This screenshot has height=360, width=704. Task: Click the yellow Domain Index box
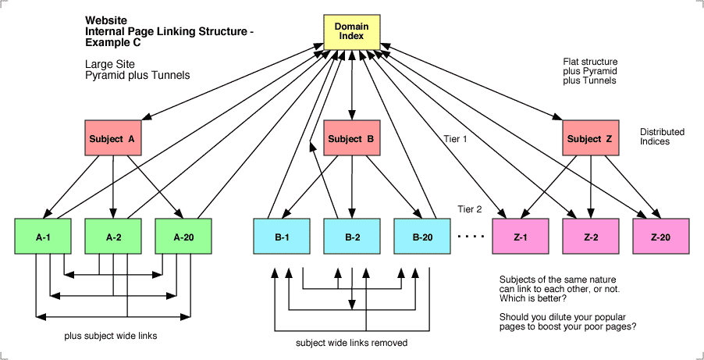pyautogui.click(x=351, y=32)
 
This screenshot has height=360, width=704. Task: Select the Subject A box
pyautogui.click(x=112, y=139)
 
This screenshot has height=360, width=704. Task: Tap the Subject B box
pyautogui.click(x=350, y=139)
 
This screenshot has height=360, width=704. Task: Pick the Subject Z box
pyautogui.click(x=590, y=139)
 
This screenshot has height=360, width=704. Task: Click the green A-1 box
pyautogui.click(x=43, y=237)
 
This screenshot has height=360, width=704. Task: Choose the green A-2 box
pyautogui.click(x=113, y=237)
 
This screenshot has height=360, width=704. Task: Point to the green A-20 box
pyautogui.click(x=183, y=237)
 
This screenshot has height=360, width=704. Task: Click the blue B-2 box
pyautogui.click(x=352, y=237)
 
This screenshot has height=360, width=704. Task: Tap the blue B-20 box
pyautogui.click(x=422, y=237)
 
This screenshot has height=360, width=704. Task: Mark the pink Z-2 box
pyautogui.click(x=591, y=237)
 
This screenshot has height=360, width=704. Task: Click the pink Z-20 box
pyautogui.click(x=660, y=237)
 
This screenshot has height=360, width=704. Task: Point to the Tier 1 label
pyautogui.click(x=454, y=139)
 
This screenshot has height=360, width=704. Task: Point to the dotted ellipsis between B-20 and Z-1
pyautogui.click(x=471, y=236)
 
